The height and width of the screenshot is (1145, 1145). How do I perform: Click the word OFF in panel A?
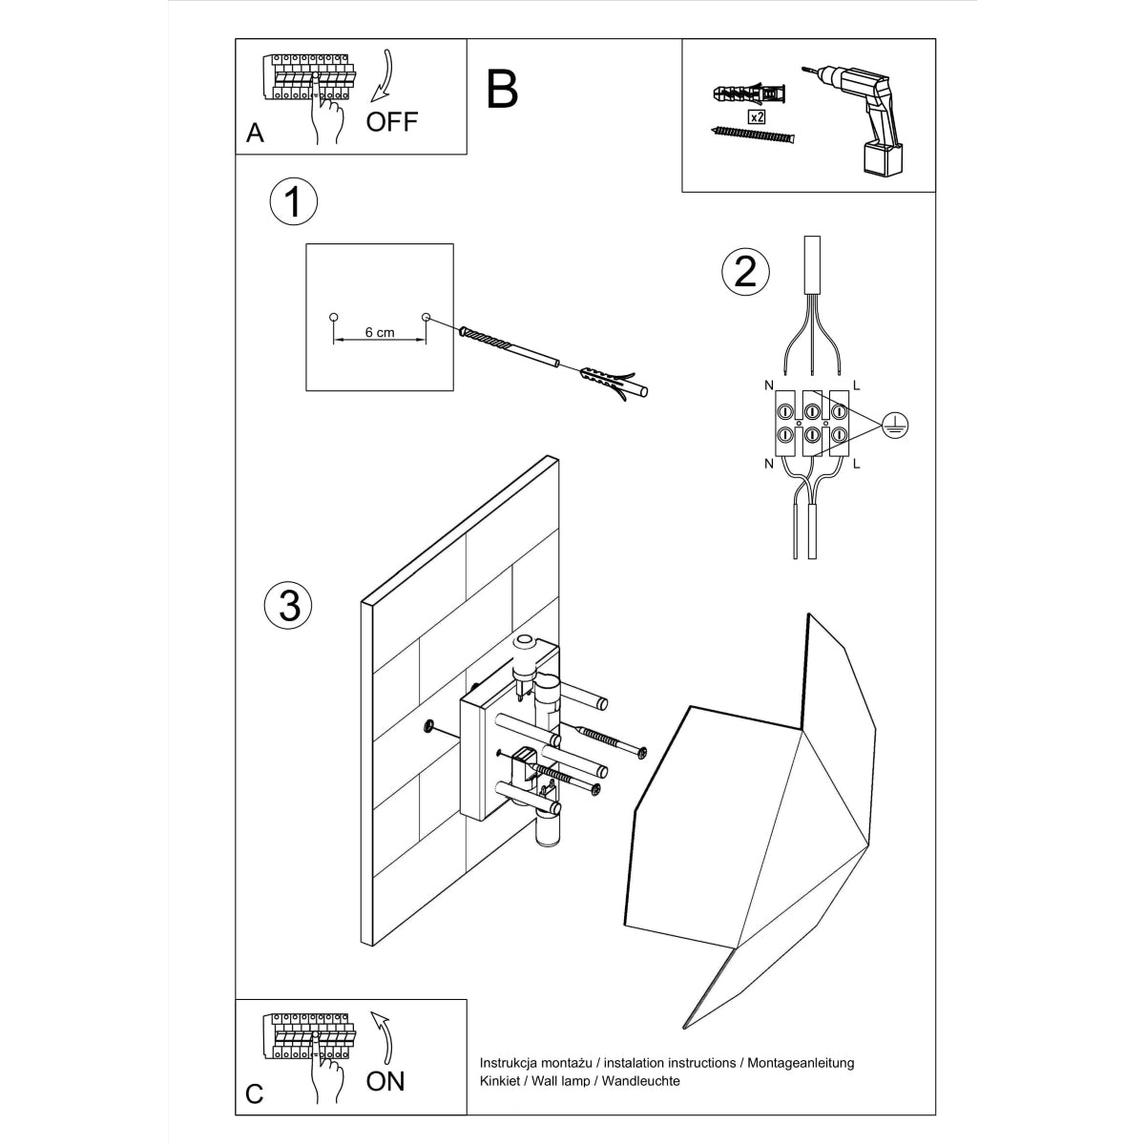[392, 122]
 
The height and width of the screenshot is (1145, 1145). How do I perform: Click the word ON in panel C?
[385, 1080]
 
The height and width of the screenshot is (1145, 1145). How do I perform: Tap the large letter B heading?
[502, 89]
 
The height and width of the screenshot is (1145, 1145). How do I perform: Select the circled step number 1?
[294, 202]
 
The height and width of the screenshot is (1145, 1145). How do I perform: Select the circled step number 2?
[744, 271]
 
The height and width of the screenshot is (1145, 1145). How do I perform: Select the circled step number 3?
[289, 605]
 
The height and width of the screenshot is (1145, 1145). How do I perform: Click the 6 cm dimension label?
[379, 333]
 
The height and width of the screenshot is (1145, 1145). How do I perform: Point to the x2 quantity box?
[756, 117]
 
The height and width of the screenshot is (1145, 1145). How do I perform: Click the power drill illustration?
[864, 114]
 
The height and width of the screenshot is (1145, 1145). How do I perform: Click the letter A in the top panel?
[255, 134]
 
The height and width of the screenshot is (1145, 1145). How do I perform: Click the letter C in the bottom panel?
[254, 1093]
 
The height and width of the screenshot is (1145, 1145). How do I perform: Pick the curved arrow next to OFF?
[385, 75]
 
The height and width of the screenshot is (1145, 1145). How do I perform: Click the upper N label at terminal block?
[768, 385]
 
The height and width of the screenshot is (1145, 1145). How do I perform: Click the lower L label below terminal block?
[856, 464]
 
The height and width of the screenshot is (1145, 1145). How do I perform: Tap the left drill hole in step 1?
[333, 316]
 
